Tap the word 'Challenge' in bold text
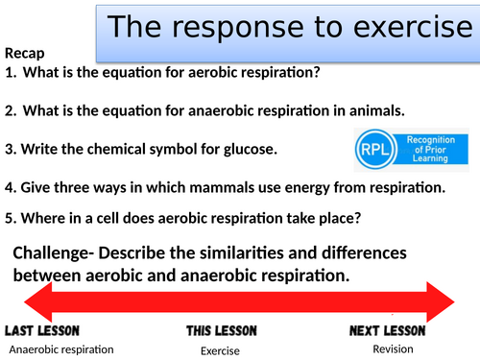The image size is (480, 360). (x=60, y=254)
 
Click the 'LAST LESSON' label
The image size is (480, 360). (x=49, y=331)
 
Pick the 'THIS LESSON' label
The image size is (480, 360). (x=221, y=331)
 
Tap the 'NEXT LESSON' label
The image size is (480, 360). (x=393, y=331)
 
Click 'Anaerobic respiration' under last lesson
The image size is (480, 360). (x=61, y=349)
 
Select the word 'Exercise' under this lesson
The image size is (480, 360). (x=220, y=350)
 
